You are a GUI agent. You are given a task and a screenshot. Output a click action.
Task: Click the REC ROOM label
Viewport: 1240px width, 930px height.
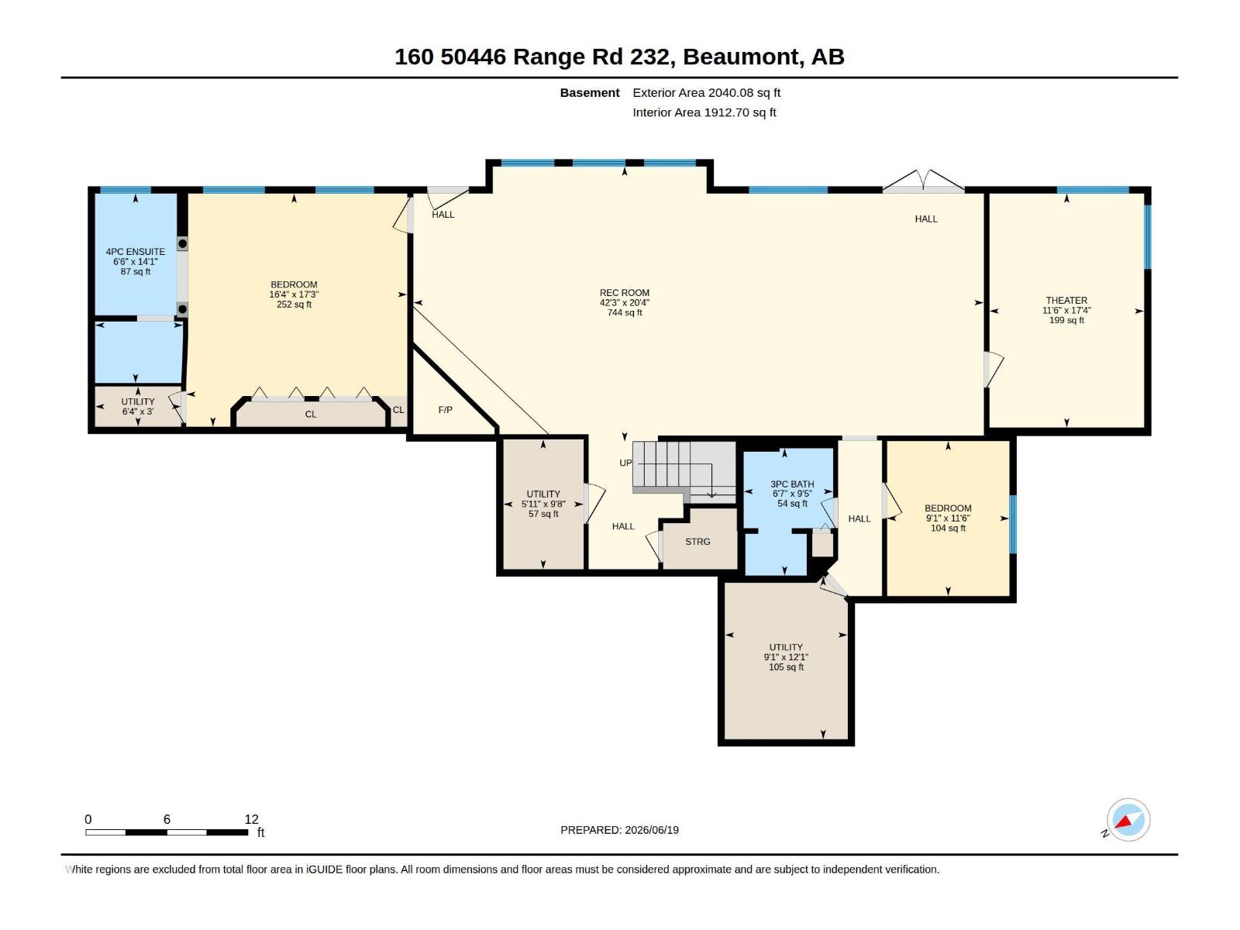pos(624,292)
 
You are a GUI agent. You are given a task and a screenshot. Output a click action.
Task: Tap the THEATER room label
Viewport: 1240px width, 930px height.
pos(1066,301)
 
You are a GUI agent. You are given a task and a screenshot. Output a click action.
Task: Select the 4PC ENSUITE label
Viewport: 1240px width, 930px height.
pos(136,252)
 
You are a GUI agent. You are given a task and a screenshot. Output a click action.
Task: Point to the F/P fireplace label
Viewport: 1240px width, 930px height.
pos(445,410)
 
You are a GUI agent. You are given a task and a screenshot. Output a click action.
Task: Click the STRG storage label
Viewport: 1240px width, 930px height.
pos(697,542)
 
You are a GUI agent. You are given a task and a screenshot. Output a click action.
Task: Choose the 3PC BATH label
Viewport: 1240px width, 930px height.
pos(792,484)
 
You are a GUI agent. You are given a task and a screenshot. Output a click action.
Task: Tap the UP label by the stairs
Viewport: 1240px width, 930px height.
pos(625,463)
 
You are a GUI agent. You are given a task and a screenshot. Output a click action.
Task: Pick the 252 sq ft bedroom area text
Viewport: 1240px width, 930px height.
pos(294,305)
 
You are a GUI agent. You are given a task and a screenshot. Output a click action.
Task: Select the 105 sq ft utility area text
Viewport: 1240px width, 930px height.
pos(786,666)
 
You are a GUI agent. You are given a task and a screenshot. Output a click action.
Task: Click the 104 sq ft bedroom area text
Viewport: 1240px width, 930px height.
pos(948,528)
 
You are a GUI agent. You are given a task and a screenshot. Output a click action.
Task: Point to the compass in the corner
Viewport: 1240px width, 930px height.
pos(1128,820)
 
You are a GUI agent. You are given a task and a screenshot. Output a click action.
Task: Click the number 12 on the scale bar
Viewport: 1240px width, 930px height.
pos(251,819)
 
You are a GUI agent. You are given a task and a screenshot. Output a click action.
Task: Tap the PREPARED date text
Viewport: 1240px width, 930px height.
pos(620,830)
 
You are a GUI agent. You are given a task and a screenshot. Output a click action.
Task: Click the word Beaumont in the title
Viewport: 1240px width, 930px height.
pos(741,57)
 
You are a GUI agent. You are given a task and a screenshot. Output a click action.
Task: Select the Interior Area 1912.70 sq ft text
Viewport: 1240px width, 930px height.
pos(704,112)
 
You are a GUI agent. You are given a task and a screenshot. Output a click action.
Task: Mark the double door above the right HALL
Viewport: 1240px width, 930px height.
pos(923,181)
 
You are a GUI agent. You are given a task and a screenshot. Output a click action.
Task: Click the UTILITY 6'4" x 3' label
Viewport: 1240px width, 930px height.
pos(138,407)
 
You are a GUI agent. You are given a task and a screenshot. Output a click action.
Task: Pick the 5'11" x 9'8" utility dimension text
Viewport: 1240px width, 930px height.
pos(543,504)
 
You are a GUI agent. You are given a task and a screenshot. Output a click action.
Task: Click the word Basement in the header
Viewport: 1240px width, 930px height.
pos(590,92)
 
